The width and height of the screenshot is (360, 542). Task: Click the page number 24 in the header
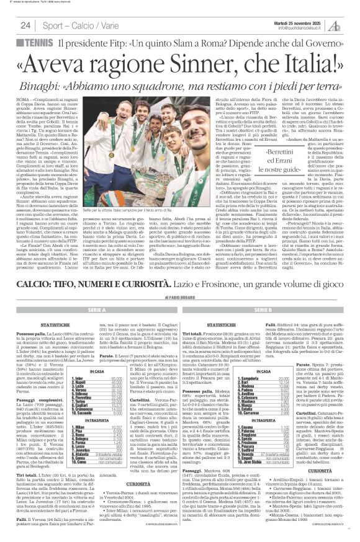coord(25,25)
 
